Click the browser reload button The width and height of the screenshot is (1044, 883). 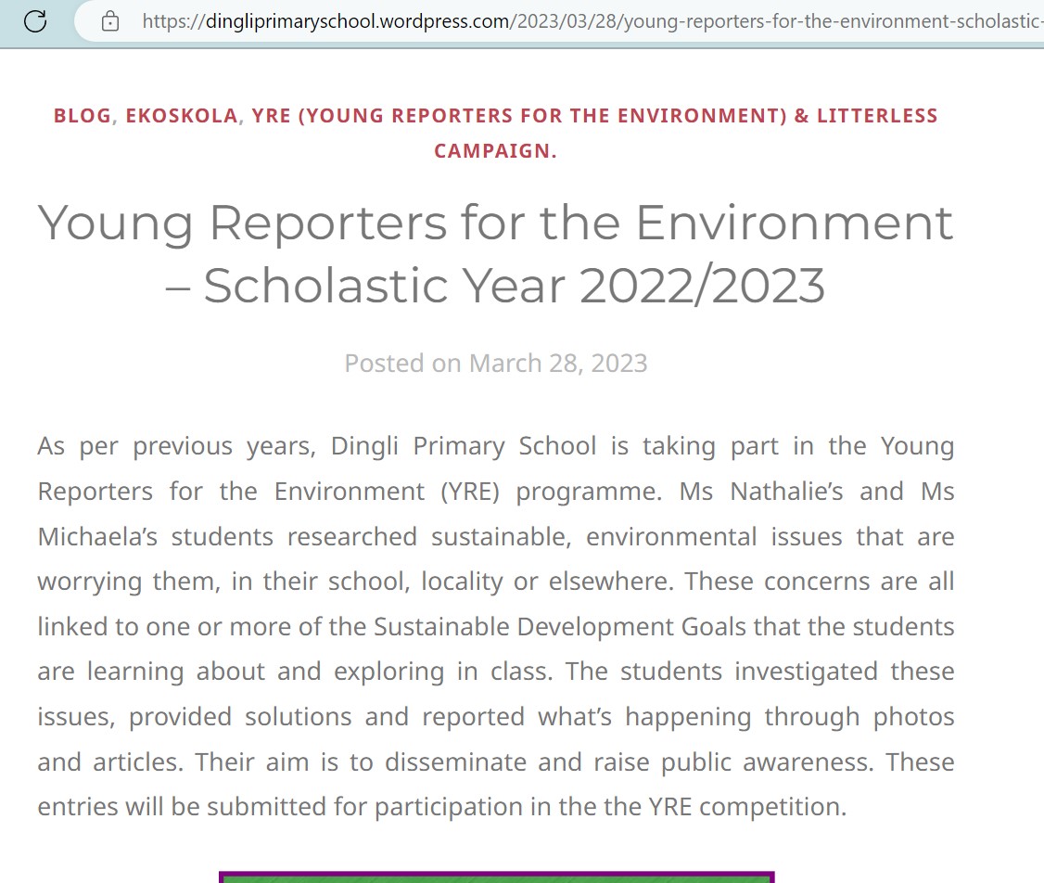35,20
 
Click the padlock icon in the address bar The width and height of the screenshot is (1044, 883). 110,20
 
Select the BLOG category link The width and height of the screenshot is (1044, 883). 83,116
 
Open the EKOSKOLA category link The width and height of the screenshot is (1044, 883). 182,116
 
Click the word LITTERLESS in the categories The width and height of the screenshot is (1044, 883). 877,116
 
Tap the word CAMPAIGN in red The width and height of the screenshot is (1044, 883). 492,151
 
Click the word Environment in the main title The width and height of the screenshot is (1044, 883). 794,223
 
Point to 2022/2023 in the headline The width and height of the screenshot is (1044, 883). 702,285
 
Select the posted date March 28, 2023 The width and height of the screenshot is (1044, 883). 558,363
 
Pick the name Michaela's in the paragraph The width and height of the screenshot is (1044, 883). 96,536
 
